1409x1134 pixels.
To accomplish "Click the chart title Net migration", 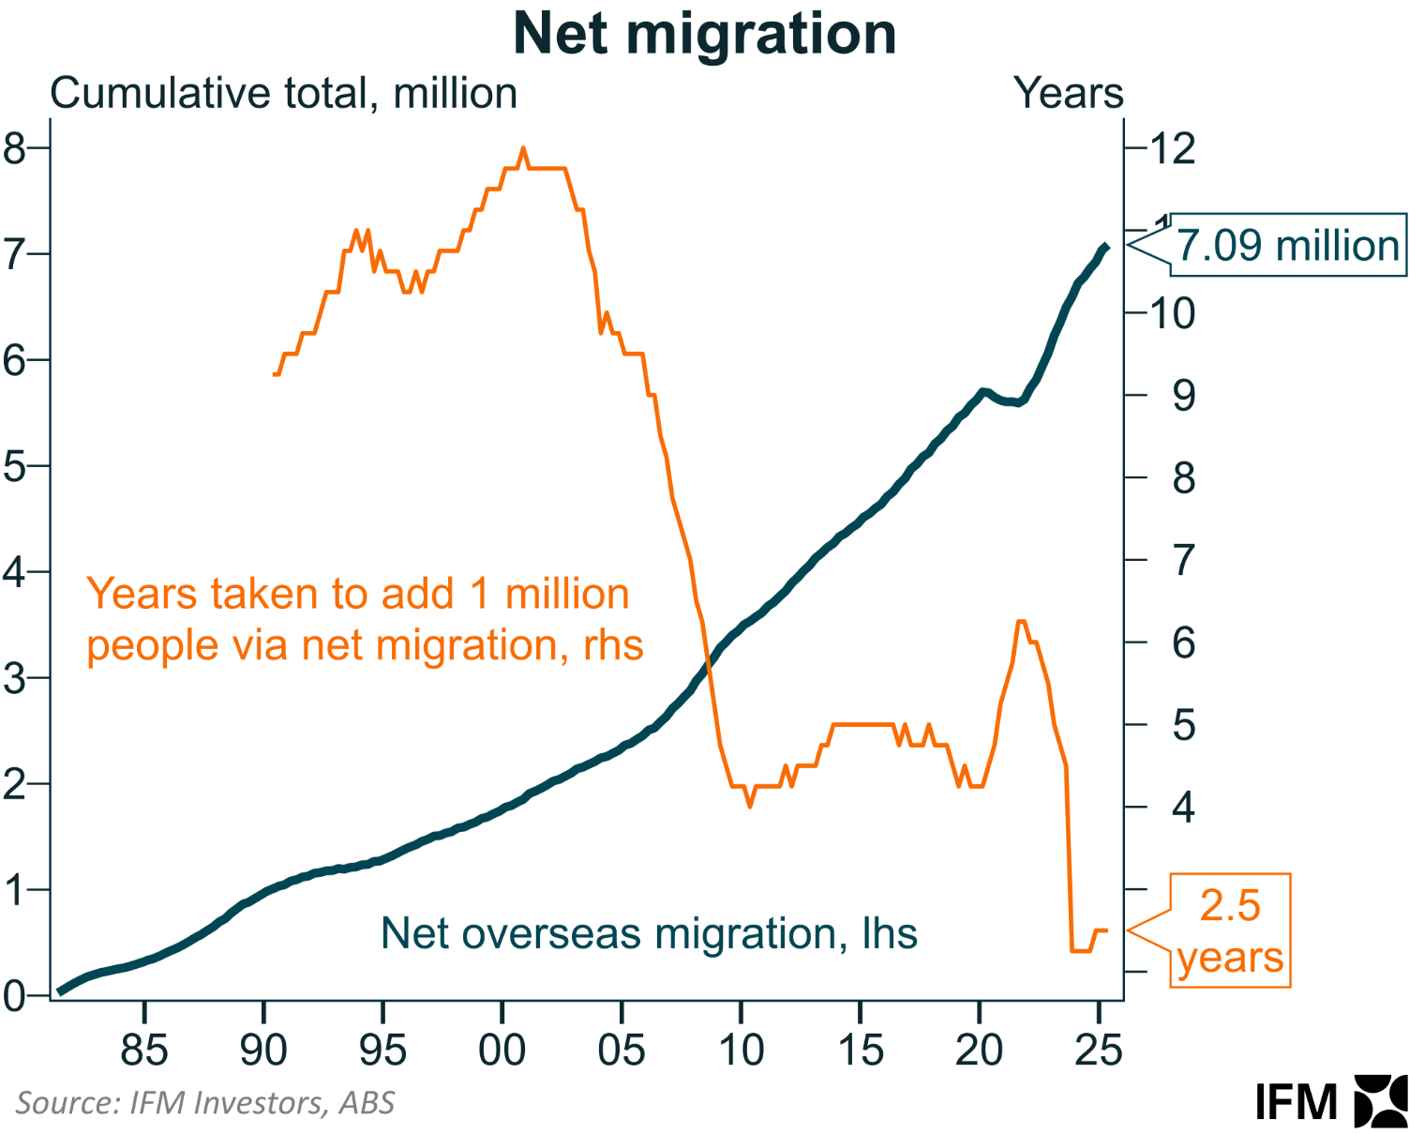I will coord(704,34).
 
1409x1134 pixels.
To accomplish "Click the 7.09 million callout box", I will coord(1288,246).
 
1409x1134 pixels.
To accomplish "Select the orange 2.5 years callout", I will coord(1230,930).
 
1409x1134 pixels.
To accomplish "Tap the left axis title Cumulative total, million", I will coord(283,94).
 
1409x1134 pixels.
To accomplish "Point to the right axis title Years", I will coord(1068,94).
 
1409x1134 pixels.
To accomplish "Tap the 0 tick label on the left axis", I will coord(14,995).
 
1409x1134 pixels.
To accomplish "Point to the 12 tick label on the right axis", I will coord(1174,148).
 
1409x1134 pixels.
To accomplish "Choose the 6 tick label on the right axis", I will coord(1184,643).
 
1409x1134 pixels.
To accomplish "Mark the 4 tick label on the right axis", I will coord(1184,807).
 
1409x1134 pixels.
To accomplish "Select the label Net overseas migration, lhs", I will coord(649,933).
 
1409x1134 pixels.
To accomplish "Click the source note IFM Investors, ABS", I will coord(205,1102).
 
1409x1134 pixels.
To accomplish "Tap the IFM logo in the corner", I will coord(1330,1101).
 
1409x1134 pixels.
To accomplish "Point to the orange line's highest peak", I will coord(523,148).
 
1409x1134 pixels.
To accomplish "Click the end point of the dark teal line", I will coord(1106,247).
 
